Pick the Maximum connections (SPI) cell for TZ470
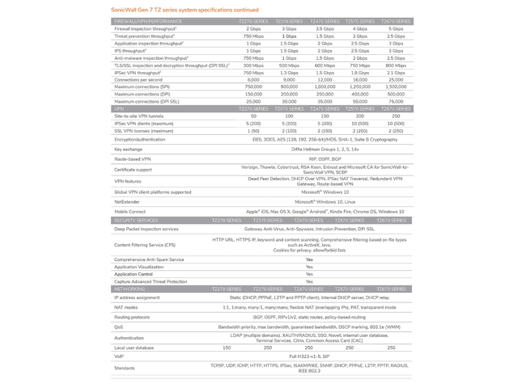click(325, 86)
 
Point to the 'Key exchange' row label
click(129, 149)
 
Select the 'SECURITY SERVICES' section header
click(136, 220)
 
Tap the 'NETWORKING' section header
click(129, 289)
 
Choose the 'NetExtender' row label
click(127, 201)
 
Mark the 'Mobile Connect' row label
click(130, 211)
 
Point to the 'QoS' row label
click(119, 327)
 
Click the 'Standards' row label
click(125, 368)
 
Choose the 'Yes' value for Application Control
click(308, 274)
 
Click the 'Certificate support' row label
click(133, 170)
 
